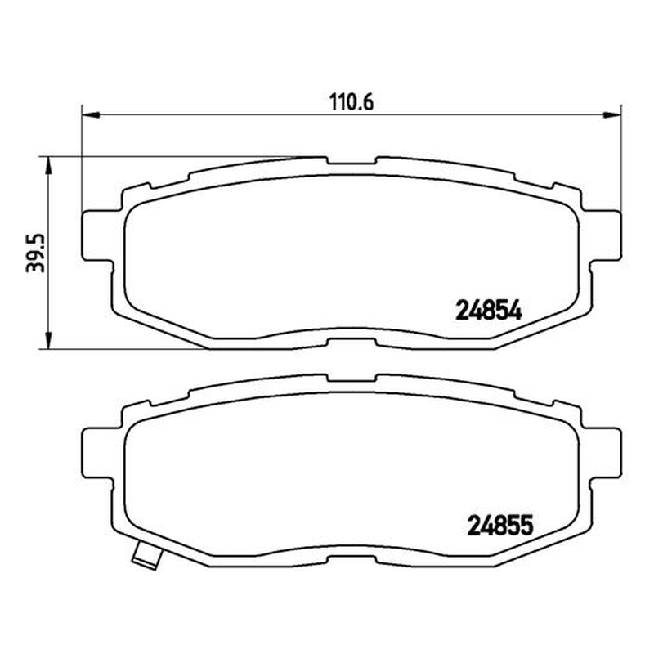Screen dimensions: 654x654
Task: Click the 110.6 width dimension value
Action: click(352, 102)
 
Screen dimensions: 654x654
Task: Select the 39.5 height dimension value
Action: click(35, 253)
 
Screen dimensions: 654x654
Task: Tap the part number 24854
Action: click(489, 311)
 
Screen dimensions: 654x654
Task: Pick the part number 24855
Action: click(500, 526)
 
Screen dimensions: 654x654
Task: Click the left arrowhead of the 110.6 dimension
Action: click(91, 114)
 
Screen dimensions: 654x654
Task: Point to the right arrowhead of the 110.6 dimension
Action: click(612, 114)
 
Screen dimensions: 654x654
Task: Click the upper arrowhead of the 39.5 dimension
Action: click(48, 166)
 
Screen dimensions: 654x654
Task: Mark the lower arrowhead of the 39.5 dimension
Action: click(48, 340)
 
